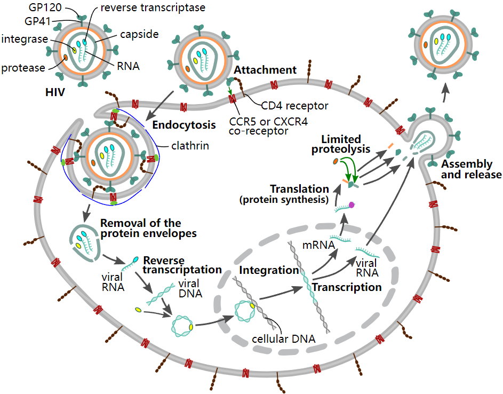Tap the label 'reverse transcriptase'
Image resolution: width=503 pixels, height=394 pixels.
[x=145, y=7]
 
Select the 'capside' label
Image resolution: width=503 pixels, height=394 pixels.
[x=139, y=35]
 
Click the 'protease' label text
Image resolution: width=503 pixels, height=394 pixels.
[x=23, y=67]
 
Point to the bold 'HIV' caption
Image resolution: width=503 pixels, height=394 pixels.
[x=55, y=92]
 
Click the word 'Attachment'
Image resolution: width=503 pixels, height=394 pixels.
[x=265, y=70]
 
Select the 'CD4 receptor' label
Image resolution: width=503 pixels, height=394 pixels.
[x=294, y=106]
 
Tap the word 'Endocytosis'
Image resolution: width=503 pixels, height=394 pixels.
[x=184, y=125]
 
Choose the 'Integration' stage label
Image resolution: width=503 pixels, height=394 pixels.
[x=268, y=270]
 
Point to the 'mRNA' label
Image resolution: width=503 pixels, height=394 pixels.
[x=318, y=246]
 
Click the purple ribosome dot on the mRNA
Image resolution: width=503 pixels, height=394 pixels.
[x=352, y=204]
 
